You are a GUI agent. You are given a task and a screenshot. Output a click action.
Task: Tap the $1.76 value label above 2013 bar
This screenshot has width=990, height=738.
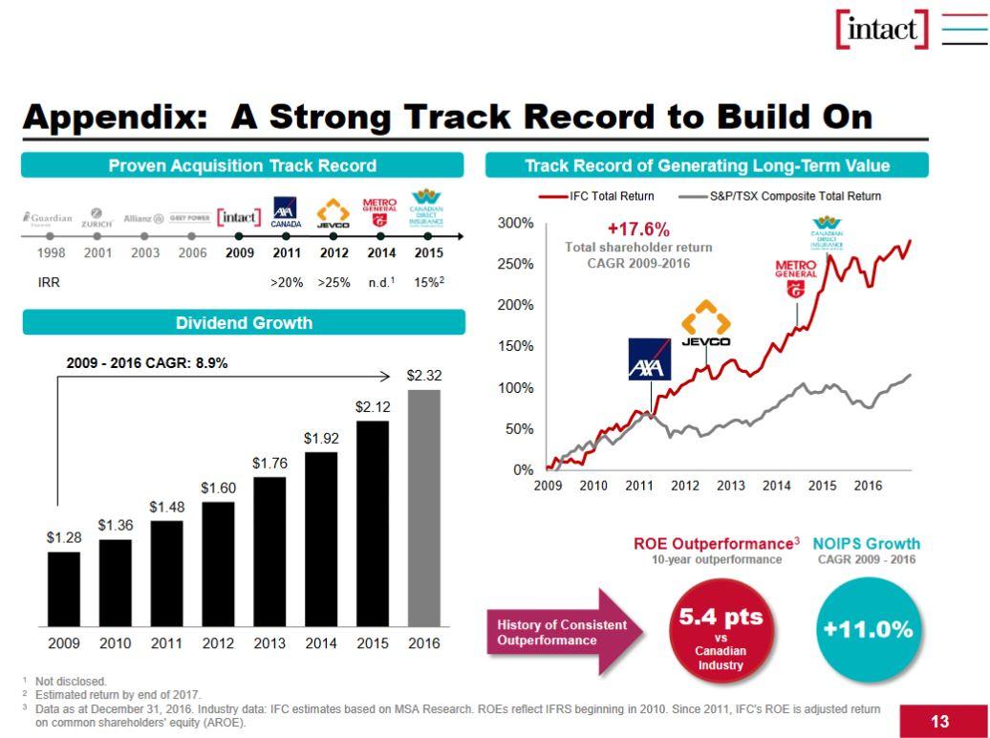(269, 463)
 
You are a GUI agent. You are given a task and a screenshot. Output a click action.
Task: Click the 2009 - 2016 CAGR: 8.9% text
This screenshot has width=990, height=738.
(146, 363)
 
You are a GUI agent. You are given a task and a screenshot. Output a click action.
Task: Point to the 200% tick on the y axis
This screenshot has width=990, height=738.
(516, 305)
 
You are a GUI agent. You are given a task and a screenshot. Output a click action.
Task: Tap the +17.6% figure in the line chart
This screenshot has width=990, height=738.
(638, 229)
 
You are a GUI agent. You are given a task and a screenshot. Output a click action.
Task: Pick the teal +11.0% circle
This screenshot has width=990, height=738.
(868, 630)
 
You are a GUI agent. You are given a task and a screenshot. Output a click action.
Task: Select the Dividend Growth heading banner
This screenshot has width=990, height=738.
(244, 323)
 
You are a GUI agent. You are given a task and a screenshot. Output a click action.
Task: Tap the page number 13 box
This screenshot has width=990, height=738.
(939, 720)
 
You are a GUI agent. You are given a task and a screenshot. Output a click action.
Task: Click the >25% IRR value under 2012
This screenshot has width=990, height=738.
(334, 283)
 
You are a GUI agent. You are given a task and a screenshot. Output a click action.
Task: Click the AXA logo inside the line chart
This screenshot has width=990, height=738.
(650, 359)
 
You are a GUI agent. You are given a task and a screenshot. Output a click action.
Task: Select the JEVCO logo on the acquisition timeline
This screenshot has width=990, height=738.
(334, 215)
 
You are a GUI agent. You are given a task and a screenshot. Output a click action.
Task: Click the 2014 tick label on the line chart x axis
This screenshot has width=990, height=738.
(776, 486)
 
